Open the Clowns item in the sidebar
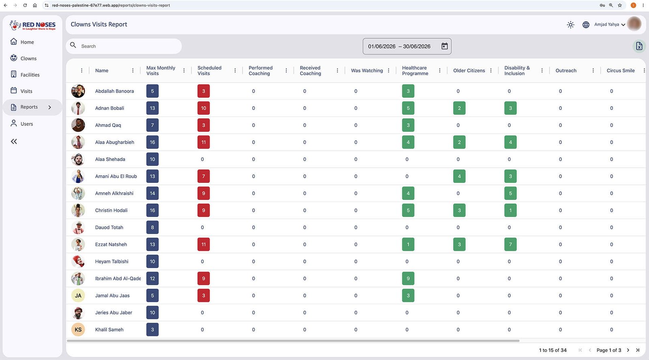coord(28,58)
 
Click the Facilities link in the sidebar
coord(30,75)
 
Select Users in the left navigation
coord(27,124)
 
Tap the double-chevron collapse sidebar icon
coord(14,141)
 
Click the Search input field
coord(124,46)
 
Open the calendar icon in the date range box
coord(445,46)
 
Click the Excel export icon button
coord(639,46)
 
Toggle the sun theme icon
coord(570,25)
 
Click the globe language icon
coord(586,25)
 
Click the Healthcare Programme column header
coord(415,71)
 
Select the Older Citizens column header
coord(469,71)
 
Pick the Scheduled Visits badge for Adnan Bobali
coord(203,108)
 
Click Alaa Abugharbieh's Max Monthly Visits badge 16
coord(153,142)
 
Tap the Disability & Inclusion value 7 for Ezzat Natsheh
coord(510,244)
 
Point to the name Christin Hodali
coord(111,210)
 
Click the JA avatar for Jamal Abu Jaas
coord(78,296)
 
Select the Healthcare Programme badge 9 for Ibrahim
coord(408,279)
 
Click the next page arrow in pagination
coord(628,350)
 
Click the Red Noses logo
coord(32,25)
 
